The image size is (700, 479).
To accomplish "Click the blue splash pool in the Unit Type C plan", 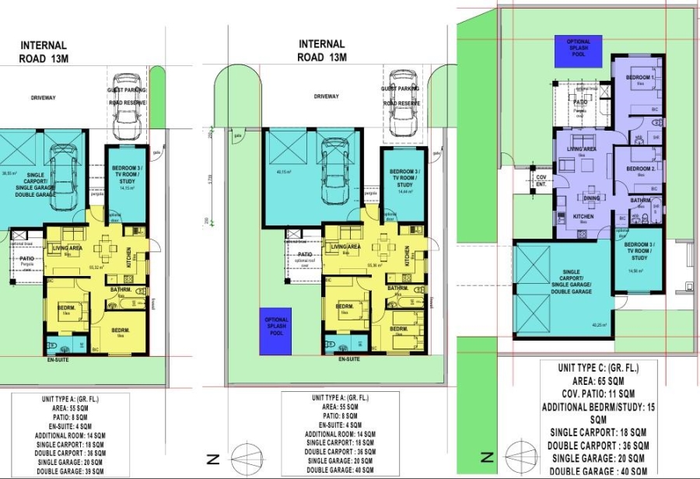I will pos(579,47).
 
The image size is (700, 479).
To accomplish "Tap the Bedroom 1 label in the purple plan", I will pos(640,78).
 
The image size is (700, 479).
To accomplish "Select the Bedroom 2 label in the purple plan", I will pos(640,168).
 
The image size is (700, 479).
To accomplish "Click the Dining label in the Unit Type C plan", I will pos(593,198).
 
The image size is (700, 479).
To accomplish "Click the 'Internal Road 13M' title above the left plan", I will pos(44,51).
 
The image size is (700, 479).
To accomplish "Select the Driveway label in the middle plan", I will pos(326,96).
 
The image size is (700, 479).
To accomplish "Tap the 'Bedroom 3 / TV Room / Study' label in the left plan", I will pos(127,176).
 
